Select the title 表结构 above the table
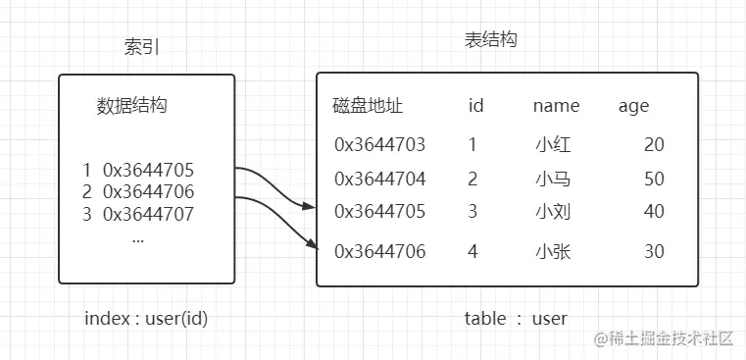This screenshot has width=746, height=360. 490,41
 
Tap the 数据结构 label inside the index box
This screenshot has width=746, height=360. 132,106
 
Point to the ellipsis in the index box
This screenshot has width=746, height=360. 137,237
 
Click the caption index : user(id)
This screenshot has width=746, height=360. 146,319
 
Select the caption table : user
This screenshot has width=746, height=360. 516,319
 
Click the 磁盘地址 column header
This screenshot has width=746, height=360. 368,106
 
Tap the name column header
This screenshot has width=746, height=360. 556,106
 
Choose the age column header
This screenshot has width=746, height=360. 633,106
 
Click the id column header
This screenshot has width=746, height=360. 476,106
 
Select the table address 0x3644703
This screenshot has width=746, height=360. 380,145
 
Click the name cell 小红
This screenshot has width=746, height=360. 553,145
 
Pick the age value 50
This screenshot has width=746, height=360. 654,180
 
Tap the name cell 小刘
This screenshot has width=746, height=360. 553,212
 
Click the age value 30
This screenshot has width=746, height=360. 654,252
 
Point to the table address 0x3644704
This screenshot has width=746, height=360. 380,180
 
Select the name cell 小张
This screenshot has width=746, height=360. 553,252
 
